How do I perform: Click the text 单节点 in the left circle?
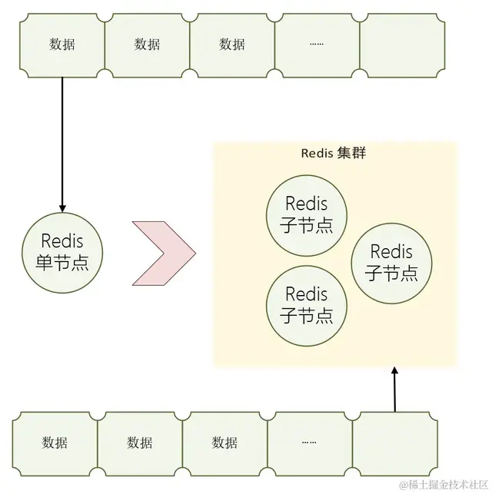[x=61, y=262]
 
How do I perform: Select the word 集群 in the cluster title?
[x=351, y=153]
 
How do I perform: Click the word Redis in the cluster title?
[x=317, y=153]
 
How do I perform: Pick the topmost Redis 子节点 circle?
[x=306, y=214]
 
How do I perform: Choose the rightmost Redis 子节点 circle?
[x=391, y=262]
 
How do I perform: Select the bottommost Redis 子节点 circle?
[x=306, y=304]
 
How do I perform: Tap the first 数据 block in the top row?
[x=62, y=45]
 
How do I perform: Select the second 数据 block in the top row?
[x=147, y=45]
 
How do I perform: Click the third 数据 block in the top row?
[x=231, y=45]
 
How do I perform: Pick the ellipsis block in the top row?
[x=317, y=45]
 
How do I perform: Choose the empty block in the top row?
[x=401, y=45]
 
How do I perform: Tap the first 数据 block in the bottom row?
[x=55, y=442]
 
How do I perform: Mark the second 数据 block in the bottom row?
[x=140, y=442]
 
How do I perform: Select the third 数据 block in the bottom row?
[x=224, y=442]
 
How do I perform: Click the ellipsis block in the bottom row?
[x=310, y=442]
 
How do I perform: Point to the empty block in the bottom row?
[x=394, y=442]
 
